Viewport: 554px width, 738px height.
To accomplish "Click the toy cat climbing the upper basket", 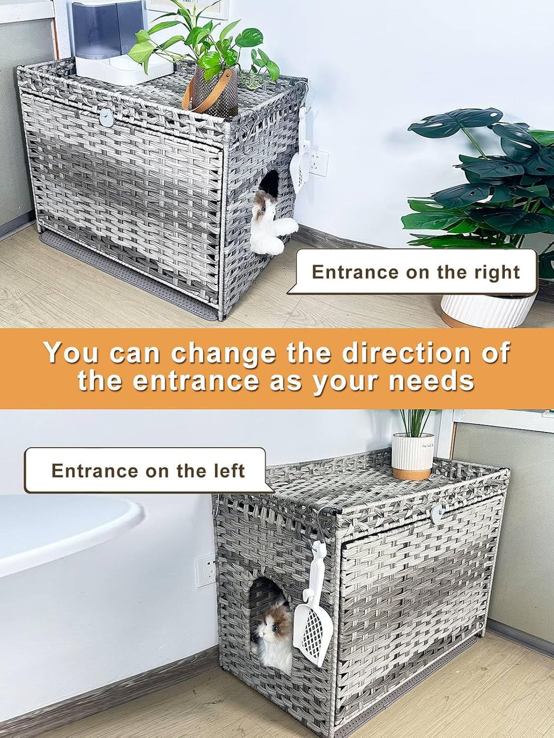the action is (x=270, y=221).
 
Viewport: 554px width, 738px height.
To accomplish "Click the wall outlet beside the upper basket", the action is (x=318, y=163).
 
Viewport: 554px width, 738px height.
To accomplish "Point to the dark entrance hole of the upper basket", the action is (x=270, y=182).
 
